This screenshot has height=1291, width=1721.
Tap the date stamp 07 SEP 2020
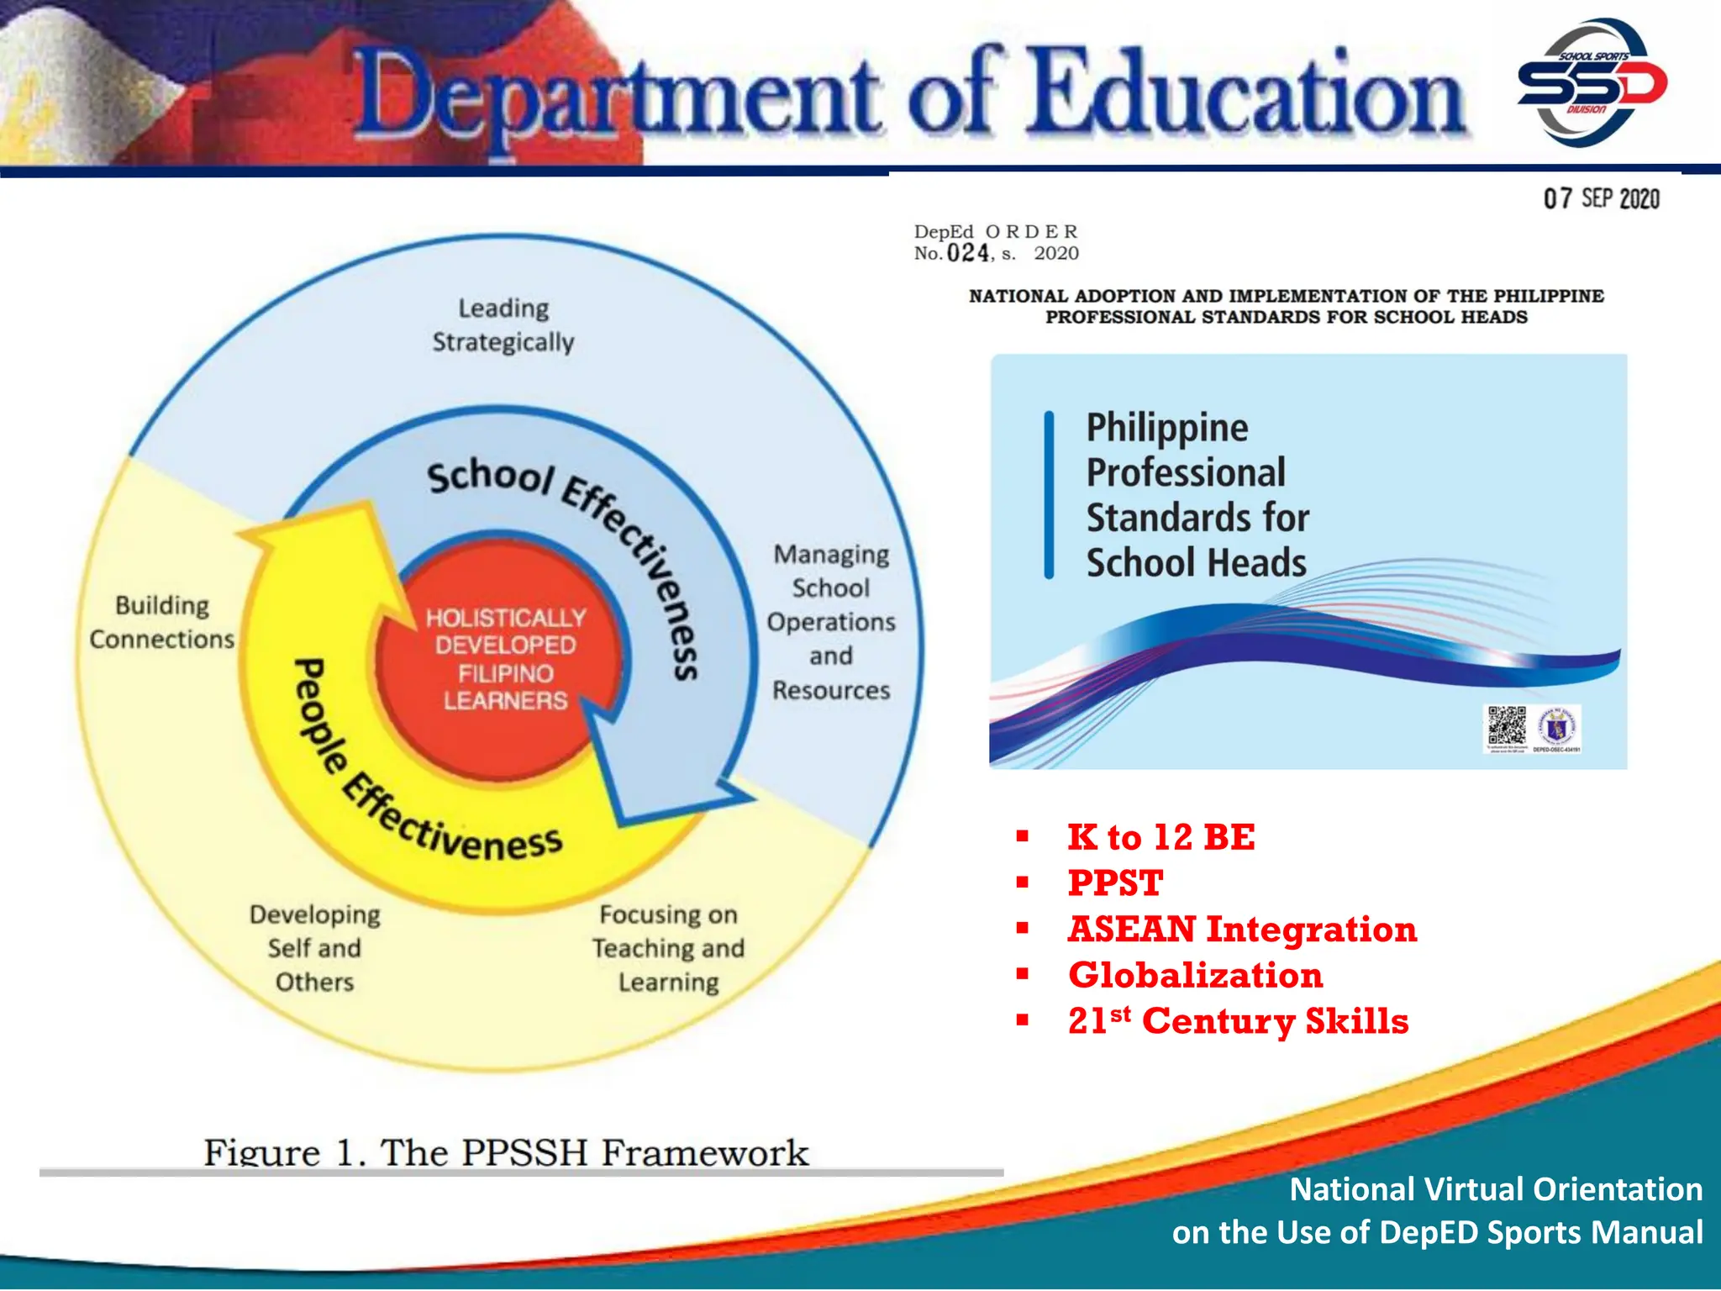click(1601, 199)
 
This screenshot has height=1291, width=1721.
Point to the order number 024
click(967, 253)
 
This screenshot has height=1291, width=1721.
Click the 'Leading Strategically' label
click(503, 325)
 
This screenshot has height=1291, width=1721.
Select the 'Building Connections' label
click(162, 623)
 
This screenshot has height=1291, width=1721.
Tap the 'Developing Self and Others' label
click(315, 948)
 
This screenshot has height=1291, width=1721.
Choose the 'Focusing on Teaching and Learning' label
click(669, 948)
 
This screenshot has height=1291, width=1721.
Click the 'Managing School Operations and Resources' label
click(831, 622)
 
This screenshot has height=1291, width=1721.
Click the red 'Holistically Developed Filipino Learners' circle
click(504, 660)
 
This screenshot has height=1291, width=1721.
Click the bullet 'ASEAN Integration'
click(1242, 930)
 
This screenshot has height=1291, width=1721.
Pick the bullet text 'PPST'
click(1115, 883)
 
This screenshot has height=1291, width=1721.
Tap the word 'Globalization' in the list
click(1195, 976)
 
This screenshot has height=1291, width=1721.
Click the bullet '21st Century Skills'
click(1238, 1022)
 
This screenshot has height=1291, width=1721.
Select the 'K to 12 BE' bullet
click(1160, 838)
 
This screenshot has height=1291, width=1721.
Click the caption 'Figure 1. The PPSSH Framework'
click(506, 1151)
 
